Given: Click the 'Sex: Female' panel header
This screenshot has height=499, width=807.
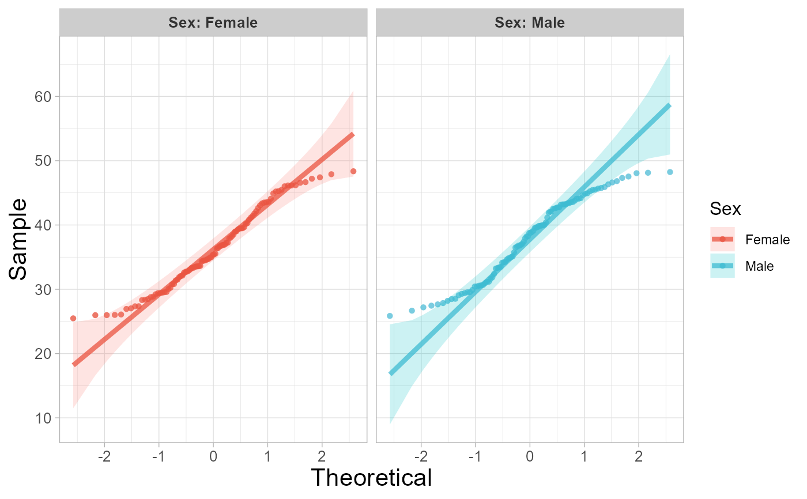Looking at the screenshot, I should coord(213,23).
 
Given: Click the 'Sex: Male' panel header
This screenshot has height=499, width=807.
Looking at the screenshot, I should coord(529,23).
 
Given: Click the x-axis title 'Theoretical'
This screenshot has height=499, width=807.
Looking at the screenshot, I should coord(371,478).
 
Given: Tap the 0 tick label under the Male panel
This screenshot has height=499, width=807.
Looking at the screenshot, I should coord(529,455).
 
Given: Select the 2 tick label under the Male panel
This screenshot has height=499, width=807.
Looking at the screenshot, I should coord(638,455).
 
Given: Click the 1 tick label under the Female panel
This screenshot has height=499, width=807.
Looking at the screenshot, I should coord(267,455).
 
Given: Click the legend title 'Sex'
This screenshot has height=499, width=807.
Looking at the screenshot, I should coord(725,209).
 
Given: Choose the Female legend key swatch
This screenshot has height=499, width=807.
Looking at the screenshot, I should coord(722,239).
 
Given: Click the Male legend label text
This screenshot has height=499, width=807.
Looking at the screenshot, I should coord(759,266).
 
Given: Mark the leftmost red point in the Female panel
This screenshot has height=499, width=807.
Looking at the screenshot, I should coord(73,318).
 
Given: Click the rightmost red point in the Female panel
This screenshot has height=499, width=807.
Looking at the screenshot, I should coord(353,171).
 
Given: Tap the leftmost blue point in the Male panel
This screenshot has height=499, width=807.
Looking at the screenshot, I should coord(390,316).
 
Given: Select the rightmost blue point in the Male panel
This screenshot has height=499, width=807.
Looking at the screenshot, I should coord(670,172).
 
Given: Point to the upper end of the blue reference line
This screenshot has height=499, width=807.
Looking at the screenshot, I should coord(669,105).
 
